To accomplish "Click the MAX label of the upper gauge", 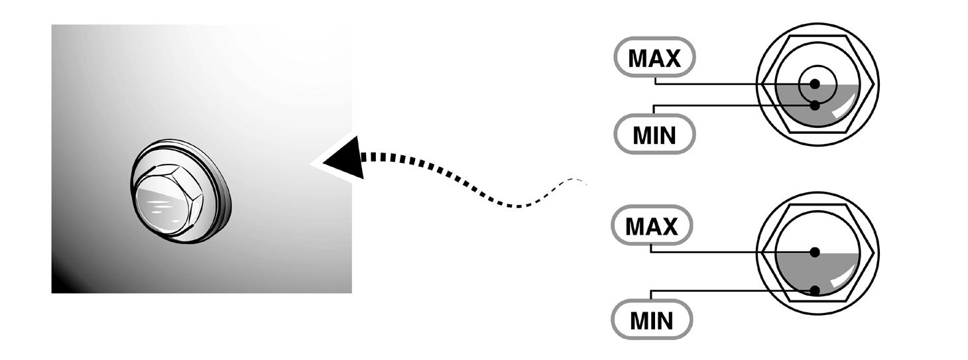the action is coord(654,58).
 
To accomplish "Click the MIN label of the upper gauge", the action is coord(654,135).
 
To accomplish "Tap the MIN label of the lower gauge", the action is coord(652,321).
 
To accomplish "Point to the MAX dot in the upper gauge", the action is coord(815,84).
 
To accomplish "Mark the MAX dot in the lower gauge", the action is coord(815,252).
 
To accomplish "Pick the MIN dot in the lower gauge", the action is coord(815,290).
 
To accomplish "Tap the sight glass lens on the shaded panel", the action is coord(160,203).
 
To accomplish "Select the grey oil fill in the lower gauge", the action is coord(792,272).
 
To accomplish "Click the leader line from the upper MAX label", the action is coord(716,84).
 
